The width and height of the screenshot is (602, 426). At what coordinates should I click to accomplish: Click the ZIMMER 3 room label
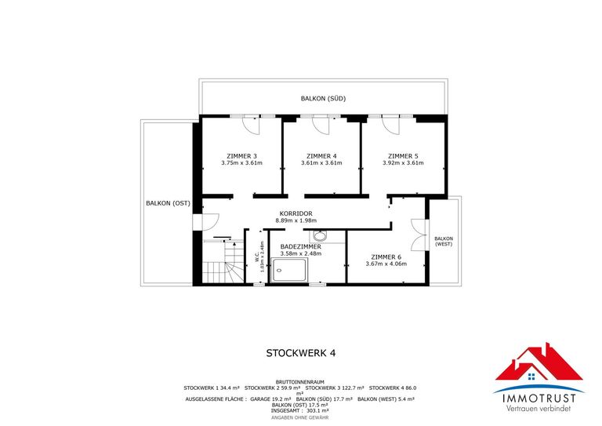(x=241, y=155)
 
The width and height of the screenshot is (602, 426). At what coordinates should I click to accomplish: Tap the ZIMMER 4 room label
(x=321, y=155)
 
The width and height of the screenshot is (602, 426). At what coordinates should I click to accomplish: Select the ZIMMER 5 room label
(x=403, y=155)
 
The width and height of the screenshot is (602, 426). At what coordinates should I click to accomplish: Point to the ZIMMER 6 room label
(x=386, y=257)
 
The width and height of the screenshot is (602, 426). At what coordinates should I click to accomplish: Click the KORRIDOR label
(x=296, y=213)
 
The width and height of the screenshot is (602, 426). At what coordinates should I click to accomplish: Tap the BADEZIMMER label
(x=301, y=246)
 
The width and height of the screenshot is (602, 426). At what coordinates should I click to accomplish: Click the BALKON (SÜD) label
(x=323, y=99)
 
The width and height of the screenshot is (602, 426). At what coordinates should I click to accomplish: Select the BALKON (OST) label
(x=168, y=203)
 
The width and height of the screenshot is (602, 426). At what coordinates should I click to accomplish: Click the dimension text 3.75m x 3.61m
(x=241, y=163)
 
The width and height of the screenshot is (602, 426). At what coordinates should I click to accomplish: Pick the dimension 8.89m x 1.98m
(x=296, y=220)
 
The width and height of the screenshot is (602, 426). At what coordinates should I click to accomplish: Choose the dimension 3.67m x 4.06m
(x=386, y=264)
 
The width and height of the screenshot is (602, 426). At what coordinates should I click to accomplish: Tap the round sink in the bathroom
(x=319, y=236)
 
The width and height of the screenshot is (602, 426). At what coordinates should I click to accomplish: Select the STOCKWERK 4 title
(x=301, y=353)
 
